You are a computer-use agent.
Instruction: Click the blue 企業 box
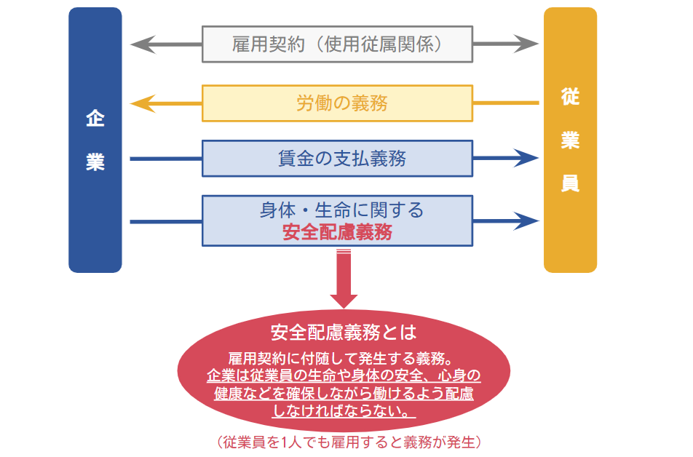pyautogui.click(x=95, y=140)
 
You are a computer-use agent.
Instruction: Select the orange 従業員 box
pyautogui.click(x=570, y=140)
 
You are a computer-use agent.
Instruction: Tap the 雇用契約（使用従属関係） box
pyautogui.click(x=337, y=44)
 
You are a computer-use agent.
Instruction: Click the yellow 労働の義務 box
pyautogui.click(x=337, y=103)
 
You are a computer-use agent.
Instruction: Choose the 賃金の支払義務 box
pyautogui.click(x=337, y=158)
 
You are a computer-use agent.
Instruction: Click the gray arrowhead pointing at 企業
pyautogui.click(x=140, y=44)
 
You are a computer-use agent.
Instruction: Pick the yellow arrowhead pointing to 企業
pyautogui.click(x=140, y=103)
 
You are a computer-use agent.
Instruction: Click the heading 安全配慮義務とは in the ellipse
pyautogui.click(x=344, y=333)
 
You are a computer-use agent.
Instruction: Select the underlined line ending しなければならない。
pyautogui.click(x=344, y=411)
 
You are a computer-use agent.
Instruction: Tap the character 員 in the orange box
pyautogui.click(x=570, y=184)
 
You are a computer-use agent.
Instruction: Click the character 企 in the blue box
pyautogui.click(x=95, y=119)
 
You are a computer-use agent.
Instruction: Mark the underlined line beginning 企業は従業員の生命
pyautogui.click(x=344, y=376)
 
